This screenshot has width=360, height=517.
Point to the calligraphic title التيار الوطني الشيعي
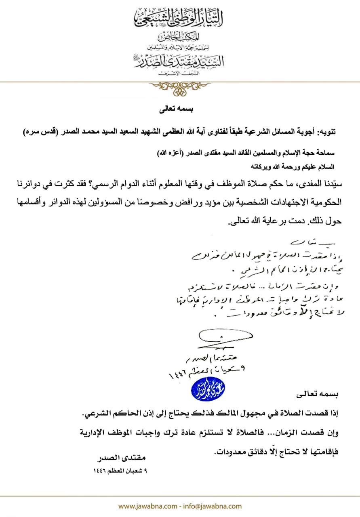180,17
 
